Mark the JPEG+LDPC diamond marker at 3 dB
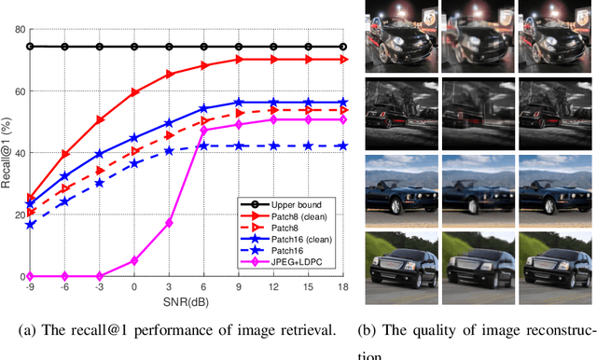click(x=169, y=223)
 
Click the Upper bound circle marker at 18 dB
click(x=343, y=47)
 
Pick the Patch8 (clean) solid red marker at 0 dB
click(x=134, y=92)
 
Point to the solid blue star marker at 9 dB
click(x=239, y=103)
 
